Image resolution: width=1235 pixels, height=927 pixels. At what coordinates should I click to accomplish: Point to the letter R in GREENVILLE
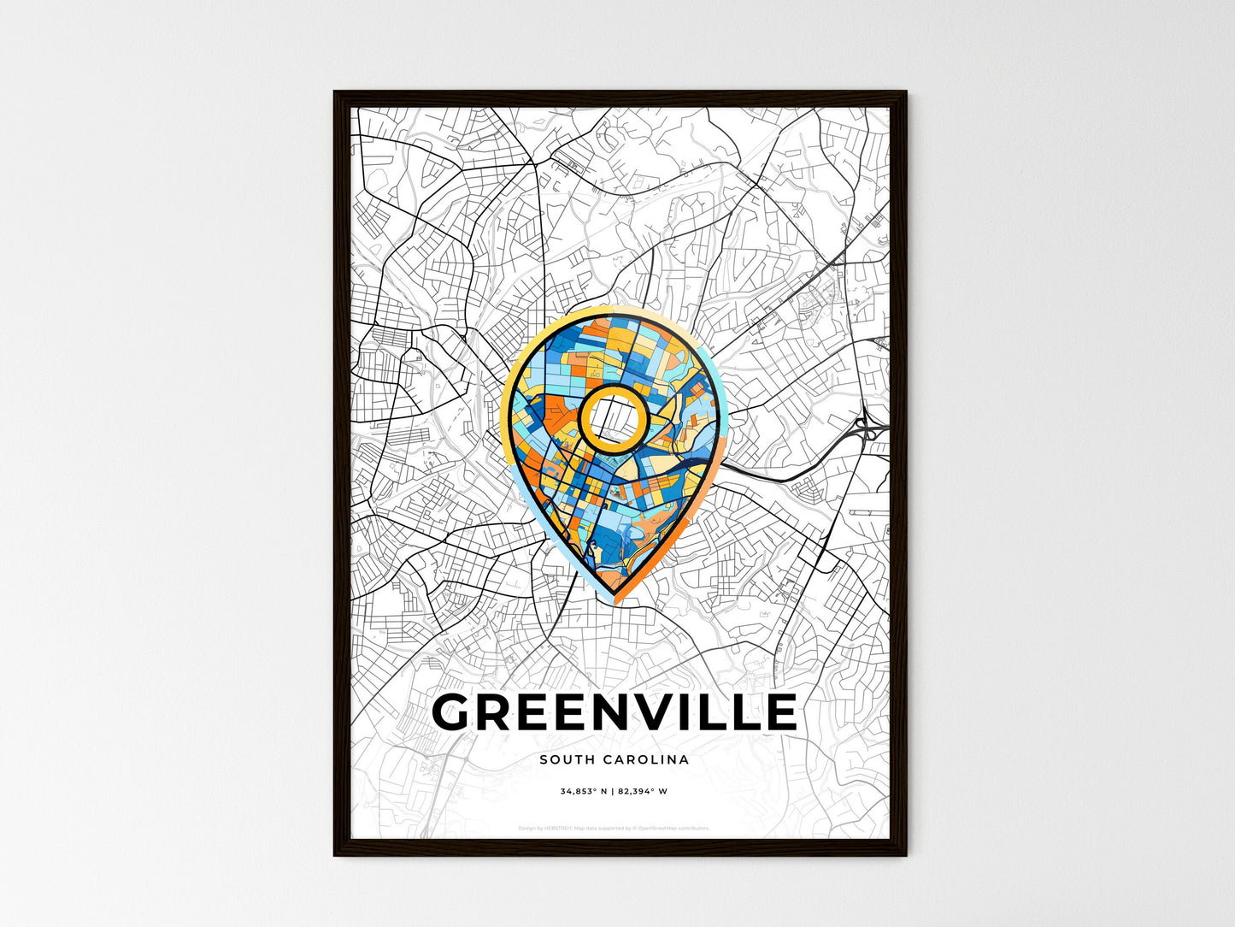point(501,712)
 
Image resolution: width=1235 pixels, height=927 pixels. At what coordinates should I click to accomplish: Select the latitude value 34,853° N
point(584,791)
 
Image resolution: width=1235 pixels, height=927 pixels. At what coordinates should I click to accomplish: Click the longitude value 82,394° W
point(643,791)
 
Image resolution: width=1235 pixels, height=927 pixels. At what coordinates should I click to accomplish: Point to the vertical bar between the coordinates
point(613,791)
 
